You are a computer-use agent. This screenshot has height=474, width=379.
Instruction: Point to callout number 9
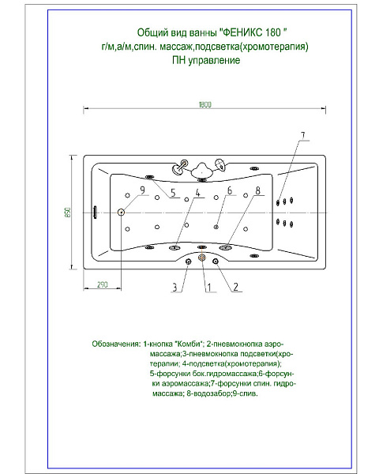143,190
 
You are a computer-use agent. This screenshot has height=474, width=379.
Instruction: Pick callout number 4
197,193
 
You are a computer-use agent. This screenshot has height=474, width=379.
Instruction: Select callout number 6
230,190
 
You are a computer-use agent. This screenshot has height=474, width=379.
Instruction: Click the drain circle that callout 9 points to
122,211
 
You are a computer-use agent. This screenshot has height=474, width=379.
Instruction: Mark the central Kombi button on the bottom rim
203,258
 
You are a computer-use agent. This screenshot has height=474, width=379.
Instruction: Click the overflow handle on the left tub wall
96,211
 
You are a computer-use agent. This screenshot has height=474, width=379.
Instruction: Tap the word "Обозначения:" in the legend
117,345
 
